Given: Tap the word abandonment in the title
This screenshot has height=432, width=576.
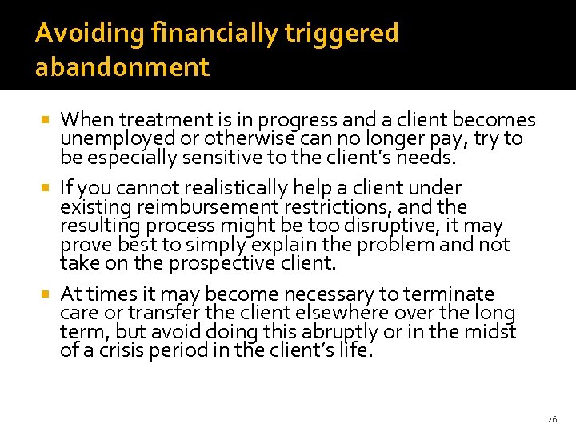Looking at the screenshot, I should [122, 67].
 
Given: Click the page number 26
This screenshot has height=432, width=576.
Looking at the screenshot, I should [552, 419].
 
